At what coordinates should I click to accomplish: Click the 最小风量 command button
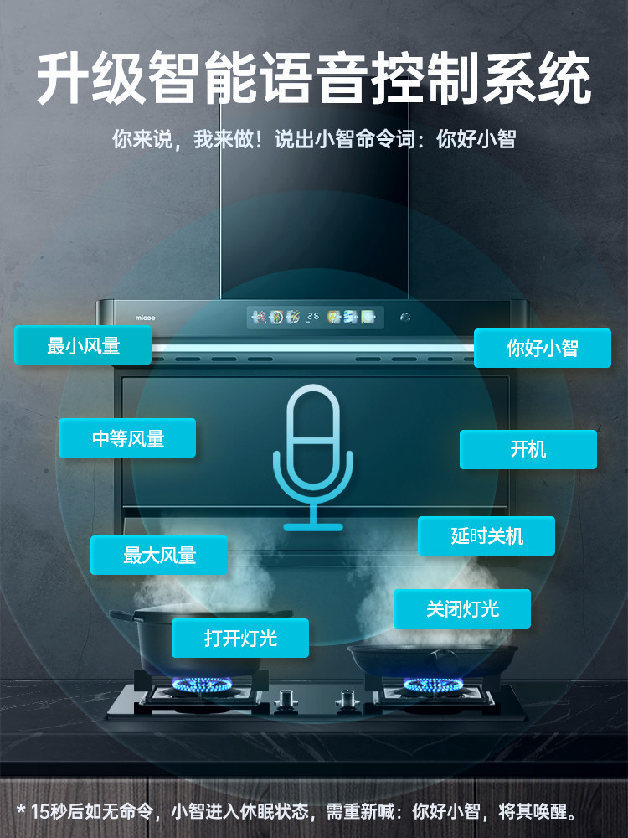[83, 345]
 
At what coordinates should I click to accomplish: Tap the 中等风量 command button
[127, 437]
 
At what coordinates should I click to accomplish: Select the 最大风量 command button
[159, 556]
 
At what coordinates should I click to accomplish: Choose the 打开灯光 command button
[240, 638]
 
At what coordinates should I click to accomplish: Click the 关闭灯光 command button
[462, 608]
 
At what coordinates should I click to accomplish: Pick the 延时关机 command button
[486, 535]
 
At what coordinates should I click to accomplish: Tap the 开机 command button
[528, 449]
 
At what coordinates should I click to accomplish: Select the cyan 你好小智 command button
[543, 348]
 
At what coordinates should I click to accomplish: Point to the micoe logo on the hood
[145, 318]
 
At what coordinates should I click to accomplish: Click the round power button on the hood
[405, 318]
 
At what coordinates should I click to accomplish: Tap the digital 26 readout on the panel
[313, 317]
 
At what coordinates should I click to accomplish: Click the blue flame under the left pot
[201, 685]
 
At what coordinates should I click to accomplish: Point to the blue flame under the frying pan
[433, 685]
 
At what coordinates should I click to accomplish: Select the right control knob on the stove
[347, 698]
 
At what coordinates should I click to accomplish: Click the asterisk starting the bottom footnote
[22, 810]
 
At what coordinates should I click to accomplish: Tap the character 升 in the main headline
[63, 78]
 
